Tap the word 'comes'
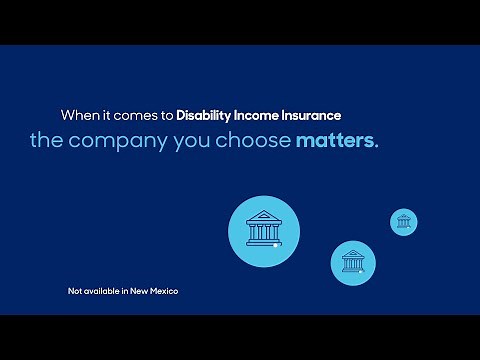130,114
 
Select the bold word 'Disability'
206,114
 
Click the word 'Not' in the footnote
75,291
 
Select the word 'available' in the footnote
104,291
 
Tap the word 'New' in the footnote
144,291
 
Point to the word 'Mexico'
167,291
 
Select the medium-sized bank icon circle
353,262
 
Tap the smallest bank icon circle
403,222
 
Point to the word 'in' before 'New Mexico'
130,291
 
